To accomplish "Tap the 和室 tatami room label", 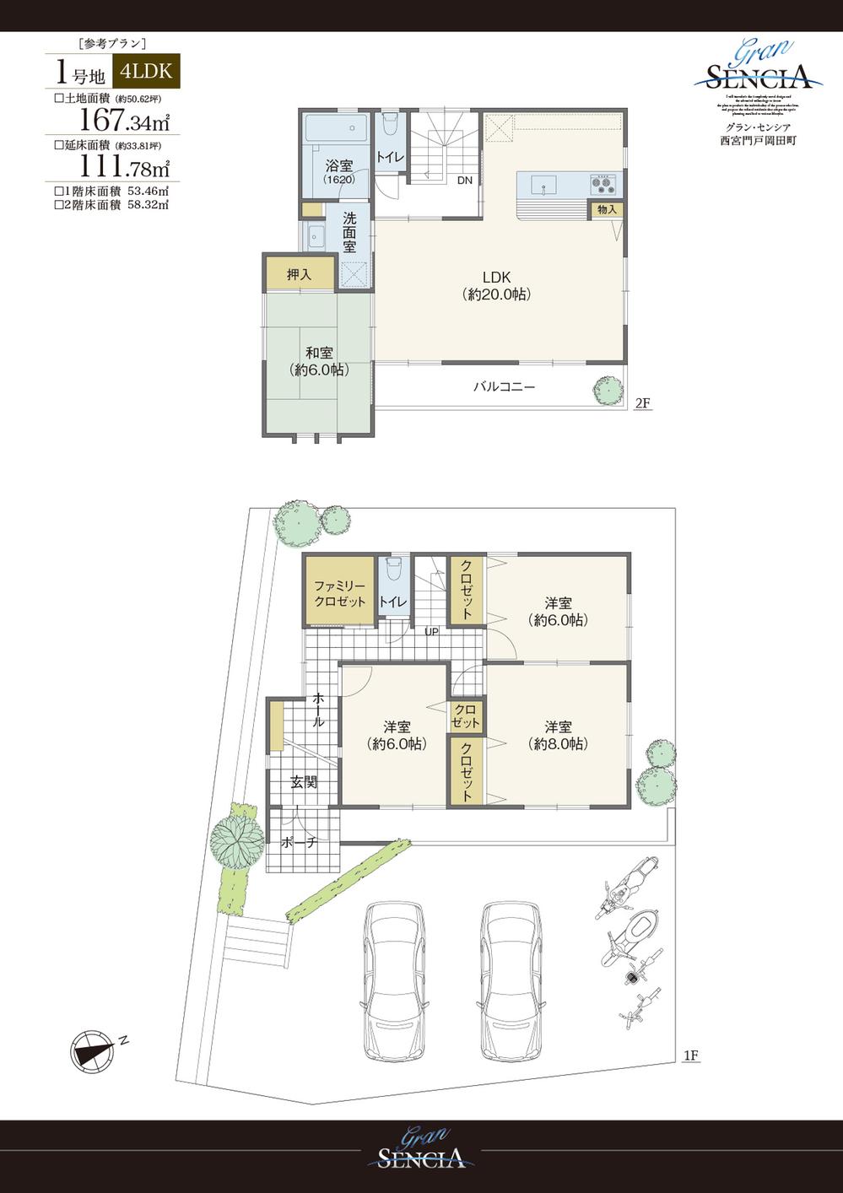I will coord(318,361).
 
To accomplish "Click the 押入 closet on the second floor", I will coord(300,273).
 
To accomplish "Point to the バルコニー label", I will coord(504,387).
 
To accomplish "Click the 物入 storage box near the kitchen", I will coord(608,209).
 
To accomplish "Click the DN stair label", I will coord(464,181).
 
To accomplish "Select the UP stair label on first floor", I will coord(431,631).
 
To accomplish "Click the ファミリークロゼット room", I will coord(339,593).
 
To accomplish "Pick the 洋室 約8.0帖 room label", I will coord(557,735).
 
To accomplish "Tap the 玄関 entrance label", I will coord(304,782).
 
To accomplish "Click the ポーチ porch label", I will coord(299,842).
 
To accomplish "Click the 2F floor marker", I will coord(642,403).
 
